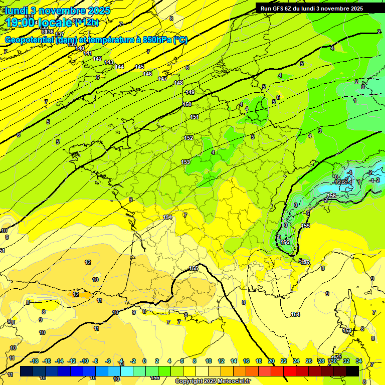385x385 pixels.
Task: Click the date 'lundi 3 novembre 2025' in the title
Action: click(x=58, y=10)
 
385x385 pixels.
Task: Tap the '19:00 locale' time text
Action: click(x=39, y=22)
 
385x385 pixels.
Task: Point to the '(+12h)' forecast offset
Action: click(x=86, y=22)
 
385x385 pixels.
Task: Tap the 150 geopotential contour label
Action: click(x=187, y=104)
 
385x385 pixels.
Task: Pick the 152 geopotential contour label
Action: click(x=188, y=138)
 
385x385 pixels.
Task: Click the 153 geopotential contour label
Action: click(x=185, y=162)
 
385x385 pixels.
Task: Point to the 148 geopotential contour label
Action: click(x=178, y=83)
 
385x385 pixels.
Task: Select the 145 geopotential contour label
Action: click(x=139, y=67)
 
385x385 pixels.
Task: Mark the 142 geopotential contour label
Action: click(x=98, y=59)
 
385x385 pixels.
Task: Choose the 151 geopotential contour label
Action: click(x=195, y=117)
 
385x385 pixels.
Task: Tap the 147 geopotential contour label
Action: click(x=162, y=79)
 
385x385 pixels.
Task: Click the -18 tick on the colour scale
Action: click(x=34, y=361)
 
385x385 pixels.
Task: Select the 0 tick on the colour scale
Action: click(x=144, y=361)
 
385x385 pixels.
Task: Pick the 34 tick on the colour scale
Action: click(x=358, y=361)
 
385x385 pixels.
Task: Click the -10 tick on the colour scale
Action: click(x=84, y=361)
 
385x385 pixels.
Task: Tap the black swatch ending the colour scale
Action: click(x=352, y=371)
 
